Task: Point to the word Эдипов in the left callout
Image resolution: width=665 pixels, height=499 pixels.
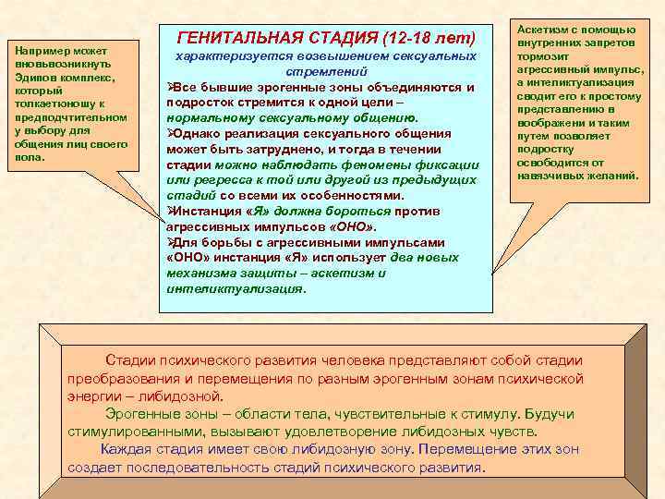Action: click(x=35, y=79)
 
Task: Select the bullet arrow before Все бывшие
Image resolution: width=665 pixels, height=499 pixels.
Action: click(x=171, y=87)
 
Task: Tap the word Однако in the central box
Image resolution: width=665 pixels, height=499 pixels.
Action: click(x=198, y=133)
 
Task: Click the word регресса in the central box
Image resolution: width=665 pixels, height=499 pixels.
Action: click(x=211, y=180)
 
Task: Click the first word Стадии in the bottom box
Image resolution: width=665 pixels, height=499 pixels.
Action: click(x=127, y=359)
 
